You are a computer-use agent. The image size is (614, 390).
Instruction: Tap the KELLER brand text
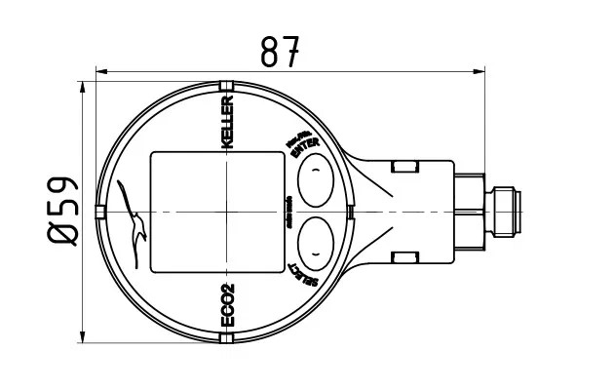pos(227,122)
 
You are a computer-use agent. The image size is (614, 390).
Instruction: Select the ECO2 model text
pos(227,303)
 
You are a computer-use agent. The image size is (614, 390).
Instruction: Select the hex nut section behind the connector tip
pos(469,211)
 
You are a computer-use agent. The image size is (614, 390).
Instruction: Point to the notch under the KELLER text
pos(227,85)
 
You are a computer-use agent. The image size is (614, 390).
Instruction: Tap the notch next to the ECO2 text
pos(227,338)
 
